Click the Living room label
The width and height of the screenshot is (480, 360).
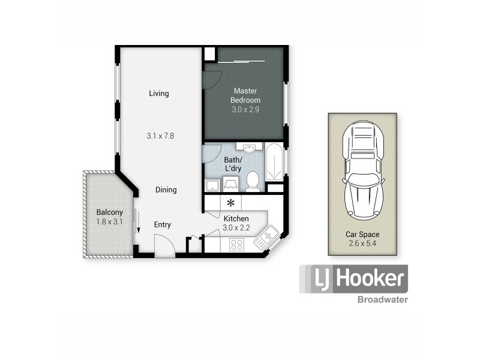[159, 94]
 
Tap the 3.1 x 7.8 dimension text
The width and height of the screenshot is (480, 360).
[160, 136]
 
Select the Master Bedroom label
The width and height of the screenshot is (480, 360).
[245, 95]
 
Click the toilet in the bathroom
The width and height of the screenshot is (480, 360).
[253, 181]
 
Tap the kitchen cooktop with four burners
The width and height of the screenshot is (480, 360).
[236, 244]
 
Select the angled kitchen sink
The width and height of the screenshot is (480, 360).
[265, 239]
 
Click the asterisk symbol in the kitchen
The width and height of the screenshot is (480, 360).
[230, 203]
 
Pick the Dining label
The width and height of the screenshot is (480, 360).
[166, 190]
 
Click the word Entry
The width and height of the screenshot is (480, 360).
[162, 225]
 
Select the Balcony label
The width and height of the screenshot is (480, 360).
[110, 212]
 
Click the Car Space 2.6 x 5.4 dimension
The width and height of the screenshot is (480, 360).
[362, 244]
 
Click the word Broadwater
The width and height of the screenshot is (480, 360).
[382, 299]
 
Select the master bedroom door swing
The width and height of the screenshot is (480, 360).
[211, 80]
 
